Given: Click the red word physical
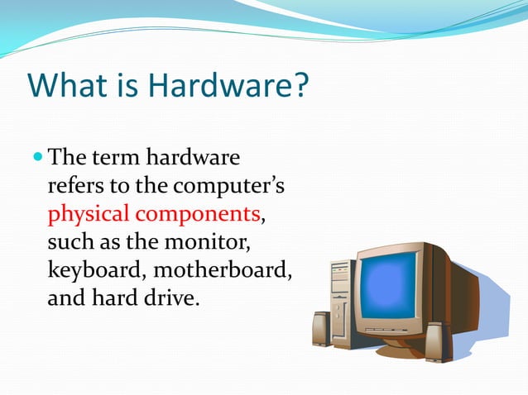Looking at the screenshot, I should (x=89, y=214).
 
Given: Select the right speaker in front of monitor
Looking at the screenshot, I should (x=437, y=341).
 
